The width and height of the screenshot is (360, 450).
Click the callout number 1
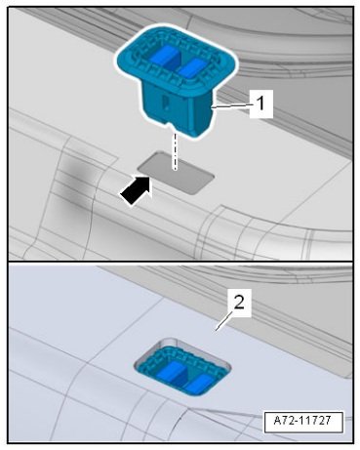[261, 104]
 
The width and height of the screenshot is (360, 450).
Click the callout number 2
[239, 304]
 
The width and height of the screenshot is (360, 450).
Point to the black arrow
[137, 190]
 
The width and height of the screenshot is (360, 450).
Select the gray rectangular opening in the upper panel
[176, 173]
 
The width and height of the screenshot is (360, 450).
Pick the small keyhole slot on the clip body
[166, 102]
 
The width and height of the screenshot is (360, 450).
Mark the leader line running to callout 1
[231, 105]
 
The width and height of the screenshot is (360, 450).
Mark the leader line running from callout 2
[223, 321]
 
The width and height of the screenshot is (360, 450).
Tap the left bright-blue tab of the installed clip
[171, 371]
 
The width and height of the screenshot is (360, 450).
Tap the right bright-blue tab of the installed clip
[199, 385]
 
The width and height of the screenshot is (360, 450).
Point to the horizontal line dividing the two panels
[180, 262]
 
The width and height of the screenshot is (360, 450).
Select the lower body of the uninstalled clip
[179, 109]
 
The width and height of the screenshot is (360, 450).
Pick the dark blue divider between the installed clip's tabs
[181, 378]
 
